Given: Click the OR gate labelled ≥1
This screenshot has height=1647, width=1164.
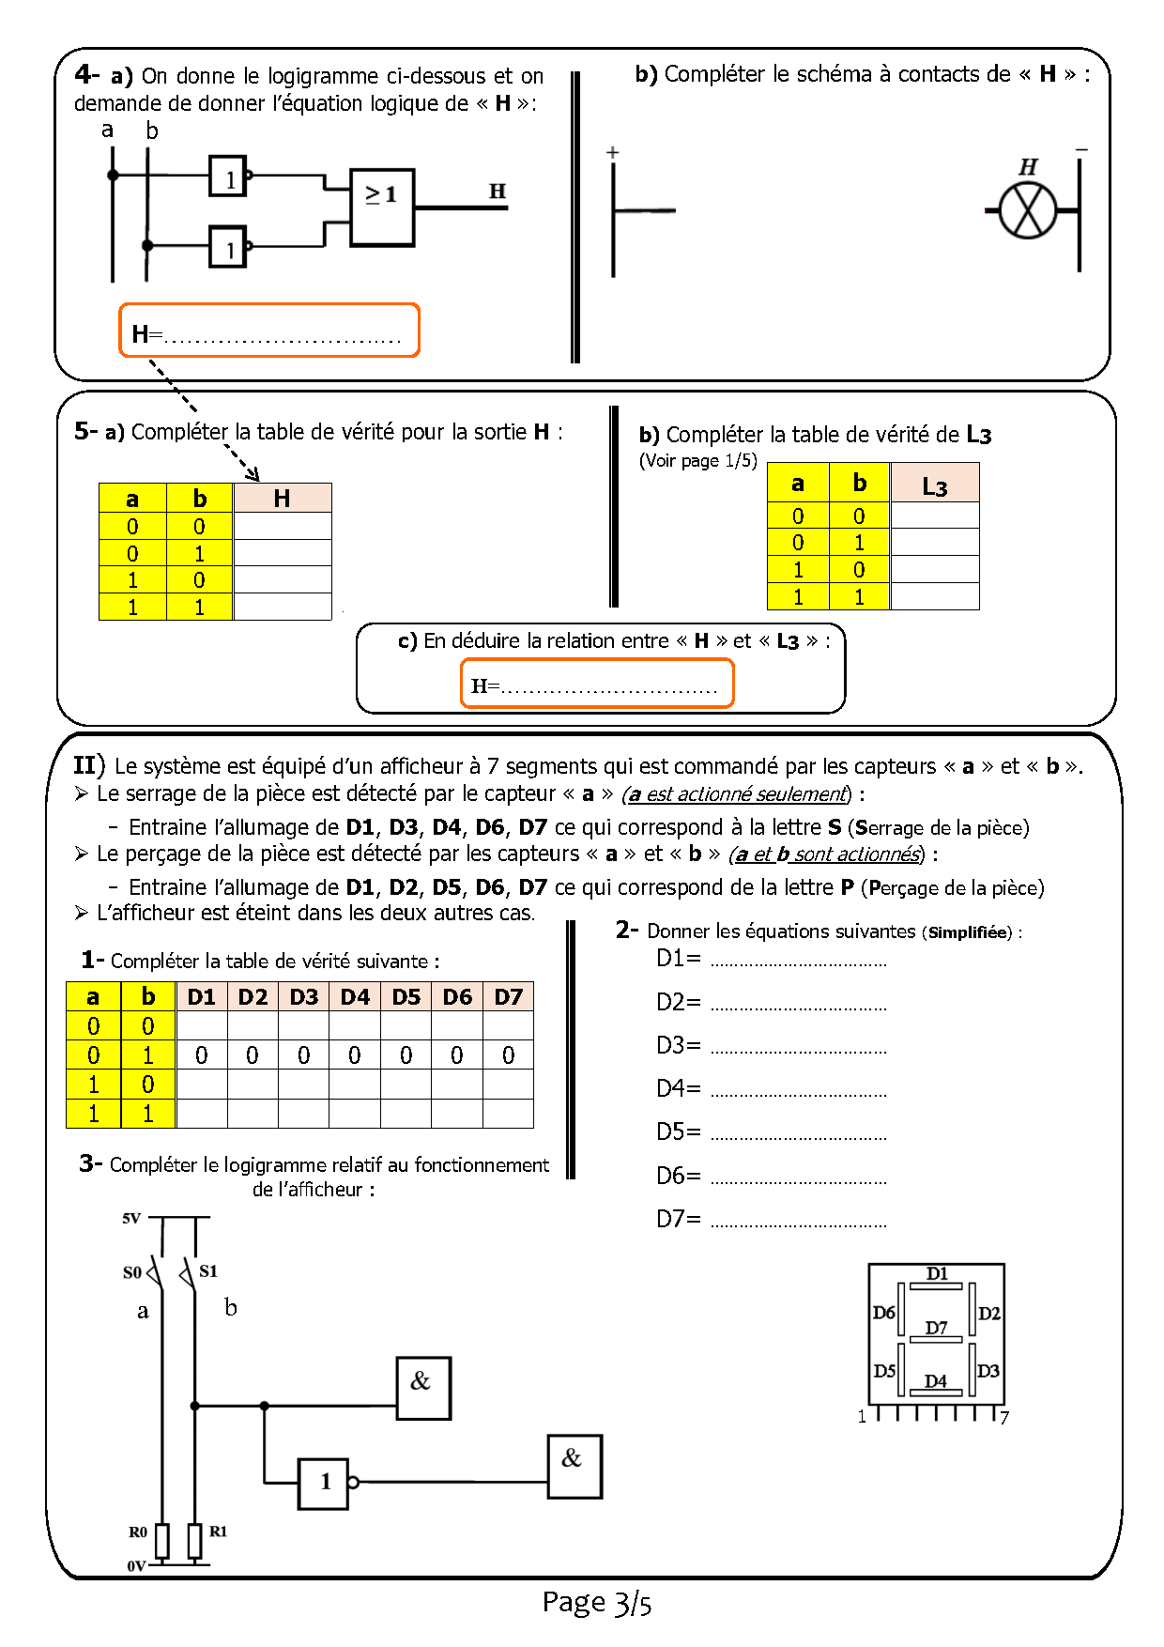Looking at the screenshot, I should pos(381,208).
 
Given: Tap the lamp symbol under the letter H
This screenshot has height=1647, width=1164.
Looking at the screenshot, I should pos(1028,210).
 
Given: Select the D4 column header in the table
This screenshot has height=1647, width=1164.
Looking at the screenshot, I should pos(355,997).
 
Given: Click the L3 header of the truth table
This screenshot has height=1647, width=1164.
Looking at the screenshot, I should pos(934,485).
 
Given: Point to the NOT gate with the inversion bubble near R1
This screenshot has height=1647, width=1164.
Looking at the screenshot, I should pos(324,1483).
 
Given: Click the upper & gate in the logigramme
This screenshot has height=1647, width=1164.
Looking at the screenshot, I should pos(422,1387).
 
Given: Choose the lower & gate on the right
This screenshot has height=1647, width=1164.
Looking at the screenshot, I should pos(574,1465).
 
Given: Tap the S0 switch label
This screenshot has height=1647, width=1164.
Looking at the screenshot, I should pos(132,1272).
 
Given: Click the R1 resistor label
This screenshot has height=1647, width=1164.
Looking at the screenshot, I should pos(218,1531).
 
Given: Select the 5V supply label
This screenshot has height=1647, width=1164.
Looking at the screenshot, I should pos(131,1218).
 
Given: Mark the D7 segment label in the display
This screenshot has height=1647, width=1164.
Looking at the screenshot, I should pos(936,1328).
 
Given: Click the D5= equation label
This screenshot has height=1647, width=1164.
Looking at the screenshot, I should pos(678,1132).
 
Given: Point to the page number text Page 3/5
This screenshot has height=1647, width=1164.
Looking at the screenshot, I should pos(596,1602).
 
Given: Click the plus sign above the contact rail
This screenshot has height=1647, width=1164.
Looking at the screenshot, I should pos(613,152).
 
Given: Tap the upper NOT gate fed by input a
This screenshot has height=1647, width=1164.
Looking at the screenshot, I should pos(228,176).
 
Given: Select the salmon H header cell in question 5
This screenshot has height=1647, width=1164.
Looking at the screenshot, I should pos(283,499).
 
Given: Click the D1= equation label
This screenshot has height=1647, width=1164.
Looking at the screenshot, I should pos(678,959).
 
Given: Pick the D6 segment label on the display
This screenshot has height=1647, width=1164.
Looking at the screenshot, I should pos(883,1312).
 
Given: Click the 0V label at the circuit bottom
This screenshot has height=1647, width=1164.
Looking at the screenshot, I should pos(136,1565).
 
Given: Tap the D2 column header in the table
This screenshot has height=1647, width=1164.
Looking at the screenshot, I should pos(253,997).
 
